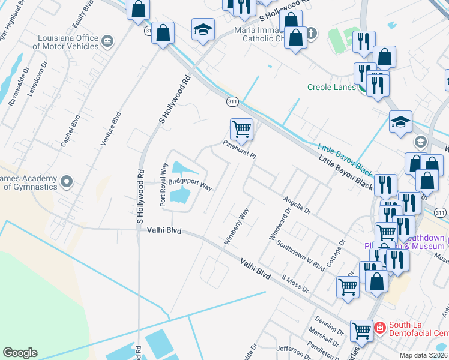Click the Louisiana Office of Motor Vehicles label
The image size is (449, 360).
point(67,41)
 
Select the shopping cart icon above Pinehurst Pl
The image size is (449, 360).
point(241,128)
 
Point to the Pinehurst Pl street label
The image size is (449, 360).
point(240,148)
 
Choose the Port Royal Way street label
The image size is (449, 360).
point(163,184)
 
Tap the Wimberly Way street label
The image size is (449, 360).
point(237,226)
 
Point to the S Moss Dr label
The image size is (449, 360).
point(295,284)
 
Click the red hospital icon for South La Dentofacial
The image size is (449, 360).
point(379,328)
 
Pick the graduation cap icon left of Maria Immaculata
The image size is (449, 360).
point(203,29)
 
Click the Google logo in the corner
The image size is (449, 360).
point(20,353)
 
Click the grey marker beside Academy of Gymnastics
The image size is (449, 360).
point(67,181)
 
